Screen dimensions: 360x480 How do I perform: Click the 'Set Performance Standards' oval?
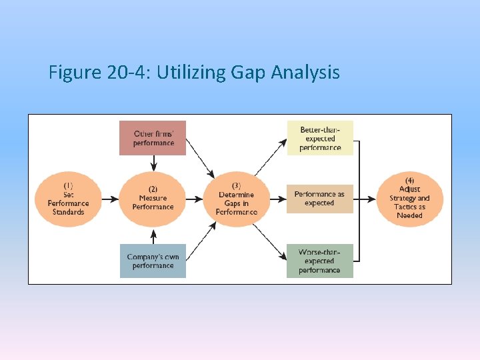click(x=68, y=198)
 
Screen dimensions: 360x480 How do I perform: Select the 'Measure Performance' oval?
click(x=153, y=198)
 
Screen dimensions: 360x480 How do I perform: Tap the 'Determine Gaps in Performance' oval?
click(x=237, y=199)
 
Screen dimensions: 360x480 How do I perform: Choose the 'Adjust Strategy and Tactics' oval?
click(x=409, y=198)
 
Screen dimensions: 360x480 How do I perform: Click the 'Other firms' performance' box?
click(x=153, y=138)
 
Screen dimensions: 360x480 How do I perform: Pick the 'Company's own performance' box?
click(x=153, y=261)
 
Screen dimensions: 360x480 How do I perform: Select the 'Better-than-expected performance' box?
click(x=320, y=138)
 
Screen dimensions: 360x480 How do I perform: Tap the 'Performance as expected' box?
click(x=319, y=199)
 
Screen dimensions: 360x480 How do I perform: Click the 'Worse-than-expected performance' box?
click(x=319, y=261)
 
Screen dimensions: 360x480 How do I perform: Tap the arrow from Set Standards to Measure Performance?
click(x=110, y=199)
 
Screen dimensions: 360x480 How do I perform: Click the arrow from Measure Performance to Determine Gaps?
click(x=195, y=199)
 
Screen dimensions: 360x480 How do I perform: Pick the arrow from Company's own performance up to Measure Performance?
click(x=153, y=235)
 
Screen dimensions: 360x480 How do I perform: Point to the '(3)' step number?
click(x=237, y=185)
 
